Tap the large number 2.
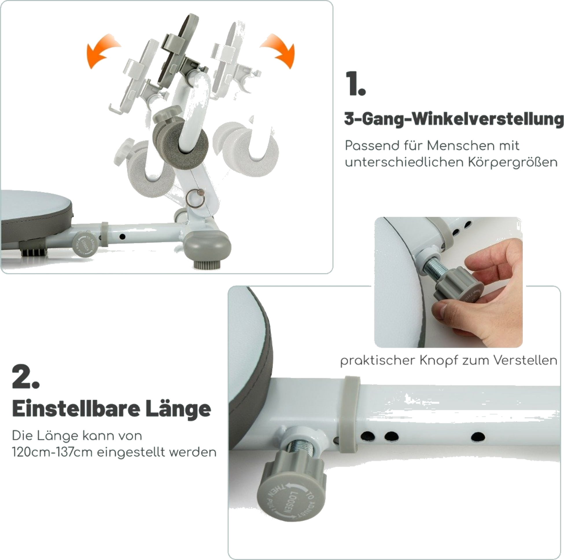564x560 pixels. pos(25,377)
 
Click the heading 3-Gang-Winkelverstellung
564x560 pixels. pos(454,119)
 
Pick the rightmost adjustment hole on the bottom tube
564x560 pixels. pos(478,437)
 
